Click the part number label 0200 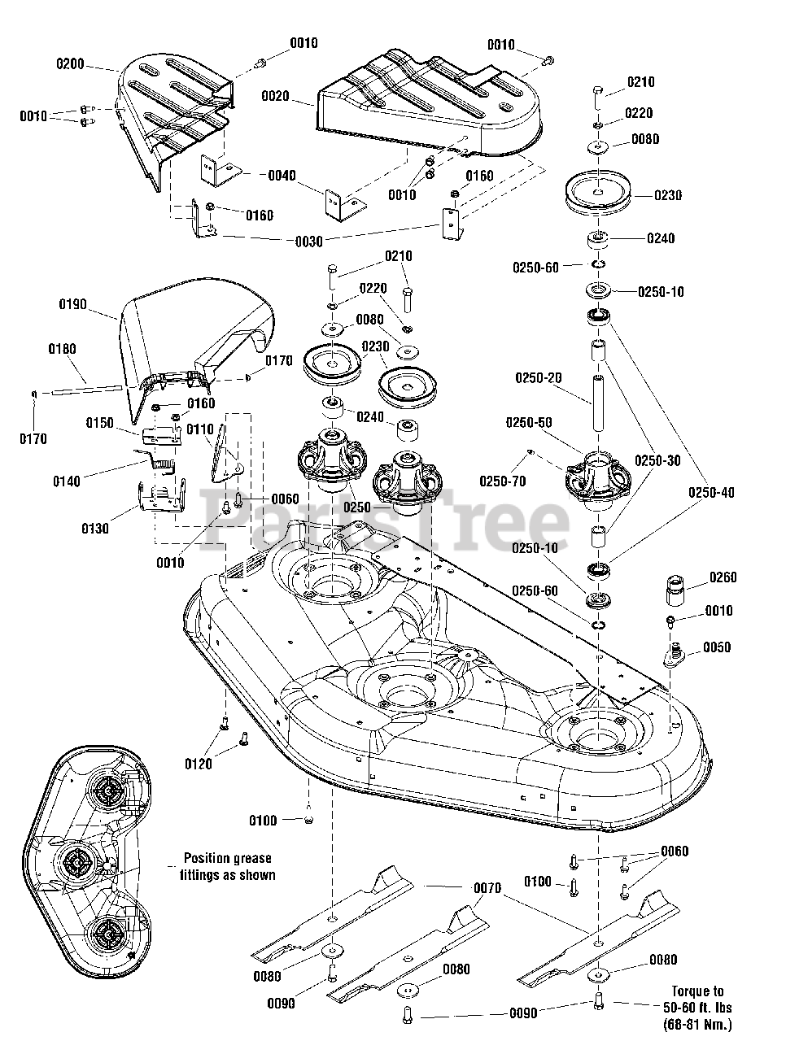71,63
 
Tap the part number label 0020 275,96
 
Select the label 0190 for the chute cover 72,304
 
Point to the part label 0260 723,577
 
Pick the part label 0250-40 713,492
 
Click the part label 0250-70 502,481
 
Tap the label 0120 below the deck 198,764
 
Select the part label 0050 717,647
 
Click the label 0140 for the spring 67,481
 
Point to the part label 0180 62,350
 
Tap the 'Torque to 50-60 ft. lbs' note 696,1008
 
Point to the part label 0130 94,529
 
